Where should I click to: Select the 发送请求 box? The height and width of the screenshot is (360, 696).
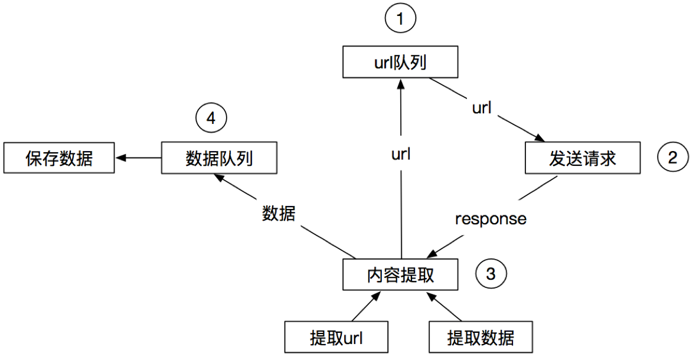coord(582,158)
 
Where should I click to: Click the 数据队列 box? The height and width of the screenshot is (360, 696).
coord(219,158)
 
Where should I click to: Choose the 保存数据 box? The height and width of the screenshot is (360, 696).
coord(59,158)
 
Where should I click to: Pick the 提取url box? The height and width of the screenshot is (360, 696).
coord(336,338)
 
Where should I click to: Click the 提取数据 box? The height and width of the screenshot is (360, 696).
coord(481,338)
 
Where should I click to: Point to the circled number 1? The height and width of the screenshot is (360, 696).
coord(400,19)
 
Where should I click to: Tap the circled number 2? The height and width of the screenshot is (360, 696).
coord(672,158)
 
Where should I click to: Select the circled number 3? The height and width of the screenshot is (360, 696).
coord(491,273)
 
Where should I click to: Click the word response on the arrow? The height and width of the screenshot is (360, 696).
coord(491,218)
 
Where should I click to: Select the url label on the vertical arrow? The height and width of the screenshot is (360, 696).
coord(401,155)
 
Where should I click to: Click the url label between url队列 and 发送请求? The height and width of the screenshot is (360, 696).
coord(482,108)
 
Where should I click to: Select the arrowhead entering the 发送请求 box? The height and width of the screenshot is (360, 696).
coord(540,138)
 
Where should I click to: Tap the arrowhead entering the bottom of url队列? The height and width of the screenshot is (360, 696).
coord(400,83)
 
